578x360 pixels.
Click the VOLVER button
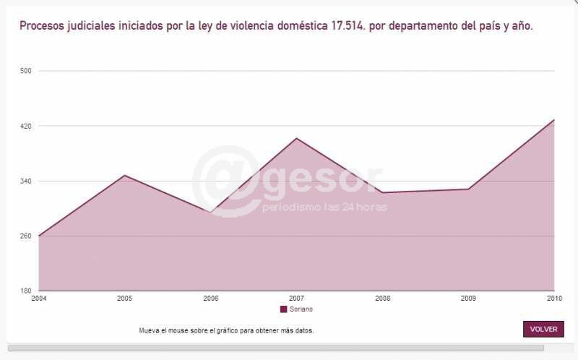click(543, 329)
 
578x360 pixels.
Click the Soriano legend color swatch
click(283, 309)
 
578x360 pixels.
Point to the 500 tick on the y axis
click(26, 71)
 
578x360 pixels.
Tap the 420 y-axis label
click(26, 126)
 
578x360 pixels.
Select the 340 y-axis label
click(26, 181)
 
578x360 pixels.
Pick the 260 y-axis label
click(26, 236)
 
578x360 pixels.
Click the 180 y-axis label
click(26, 291)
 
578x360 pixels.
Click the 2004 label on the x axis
click(38, 298)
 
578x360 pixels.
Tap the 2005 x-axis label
click(124, 298)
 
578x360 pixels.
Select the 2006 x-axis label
click(210, 298)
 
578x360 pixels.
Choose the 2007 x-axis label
click(296, 298)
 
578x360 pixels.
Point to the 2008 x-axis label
click(382, 298)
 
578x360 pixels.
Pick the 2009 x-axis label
click(468, 298)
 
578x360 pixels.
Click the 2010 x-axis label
click(554, 298)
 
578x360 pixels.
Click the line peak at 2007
click(296, 138)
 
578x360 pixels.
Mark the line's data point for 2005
click(124, 175)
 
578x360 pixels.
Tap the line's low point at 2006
click(210, 212)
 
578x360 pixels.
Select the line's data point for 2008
click(382, 192)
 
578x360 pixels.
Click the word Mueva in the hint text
click(149, 330)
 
